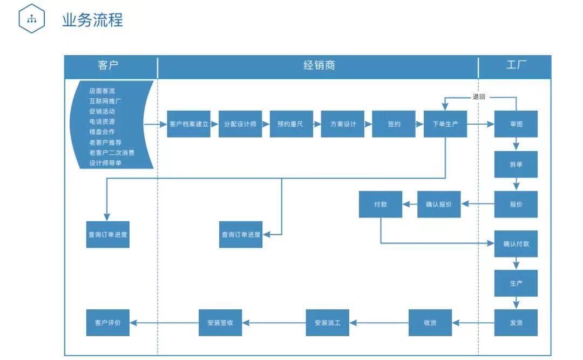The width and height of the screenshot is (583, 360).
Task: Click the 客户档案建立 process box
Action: (x=188, y=124)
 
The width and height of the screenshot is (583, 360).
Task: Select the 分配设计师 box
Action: (x=240, y=124)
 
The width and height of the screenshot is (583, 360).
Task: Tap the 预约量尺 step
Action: (x=291, y=124)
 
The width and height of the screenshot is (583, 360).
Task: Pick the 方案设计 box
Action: (x=343, y=124)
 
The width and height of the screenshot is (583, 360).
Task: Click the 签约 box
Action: (x=394, y=124)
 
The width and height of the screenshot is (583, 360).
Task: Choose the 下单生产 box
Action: (x=445, y=124)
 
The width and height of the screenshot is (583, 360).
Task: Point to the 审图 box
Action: (x=516, y=124)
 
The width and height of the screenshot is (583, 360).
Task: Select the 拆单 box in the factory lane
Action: (x=516, y=164)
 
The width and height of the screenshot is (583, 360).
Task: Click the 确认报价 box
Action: (x=439, y=205)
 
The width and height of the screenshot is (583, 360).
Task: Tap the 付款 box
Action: (x=381, y=205)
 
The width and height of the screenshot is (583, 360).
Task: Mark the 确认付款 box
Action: (x=516, y=244)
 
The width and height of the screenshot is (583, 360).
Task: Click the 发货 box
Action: (x=516, y=323)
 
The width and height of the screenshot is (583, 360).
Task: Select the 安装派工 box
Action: (x=328, y=323)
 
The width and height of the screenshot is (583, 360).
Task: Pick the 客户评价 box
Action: (x=108, y=323)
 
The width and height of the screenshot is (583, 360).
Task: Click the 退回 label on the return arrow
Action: (x=479, y=97)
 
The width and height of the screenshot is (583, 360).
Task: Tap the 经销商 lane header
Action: (x=318, y=66)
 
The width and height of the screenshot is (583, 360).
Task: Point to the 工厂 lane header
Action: (x=516, y=66)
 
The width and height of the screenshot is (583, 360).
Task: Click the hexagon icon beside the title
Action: (x=32, y=20)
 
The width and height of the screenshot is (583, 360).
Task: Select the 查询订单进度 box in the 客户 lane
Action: (x=108, y=235)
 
